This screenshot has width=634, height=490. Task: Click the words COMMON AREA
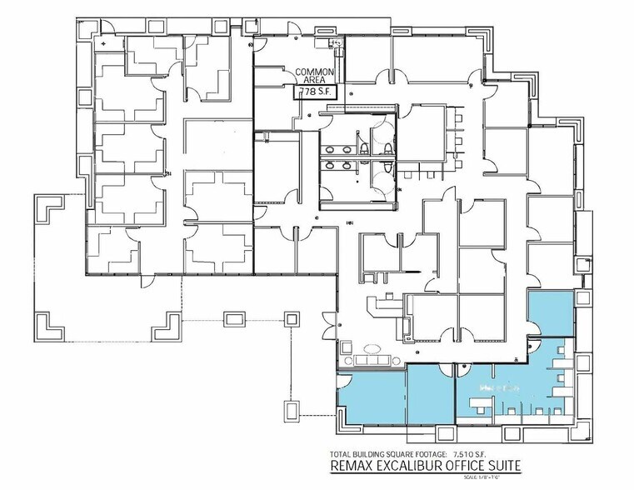[x=316, y=77]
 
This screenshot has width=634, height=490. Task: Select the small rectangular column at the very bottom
[x=292, y=410]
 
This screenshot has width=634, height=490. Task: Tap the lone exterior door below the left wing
[x=149, y=283]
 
